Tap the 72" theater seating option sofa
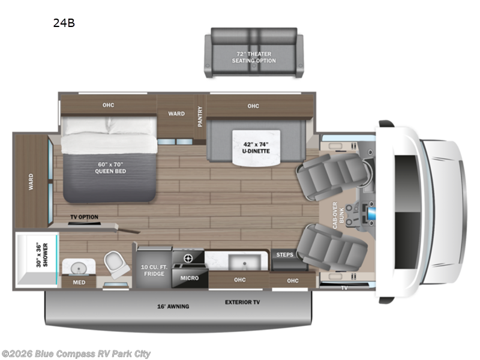click(251, 52)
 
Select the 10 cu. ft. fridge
click(154, 269)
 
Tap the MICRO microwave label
click(190, 278)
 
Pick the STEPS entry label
click(284, 255)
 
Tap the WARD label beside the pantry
click(176, 113)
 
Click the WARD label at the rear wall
click(31, 182)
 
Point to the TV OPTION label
click(84, 217)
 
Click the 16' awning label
click(174, 307)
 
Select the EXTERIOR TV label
click(242, 302)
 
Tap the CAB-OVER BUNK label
click(340, 213)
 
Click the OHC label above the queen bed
click(108, 106)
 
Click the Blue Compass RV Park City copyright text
click(76, 354)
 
